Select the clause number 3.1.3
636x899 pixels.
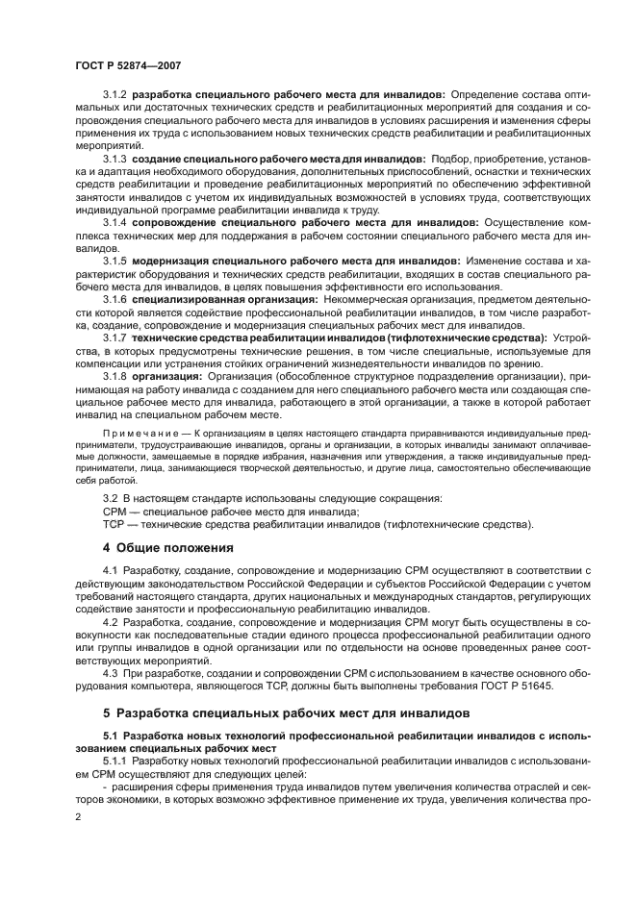[114, 157]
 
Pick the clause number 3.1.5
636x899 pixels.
[114, 260]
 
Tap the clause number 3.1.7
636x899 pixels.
[114, 337]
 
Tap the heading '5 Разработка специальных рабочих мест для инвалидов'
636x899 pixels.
[286, 713]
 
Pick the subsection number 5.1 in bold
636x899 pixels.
[111, 736]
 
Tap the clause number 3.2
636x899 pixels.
[110, 498]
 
